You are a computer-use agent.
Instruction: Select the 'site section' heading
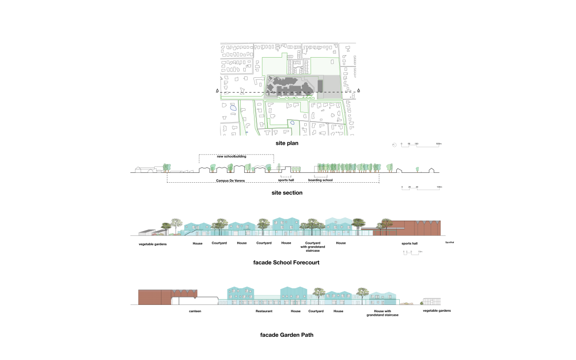tap(287, 193)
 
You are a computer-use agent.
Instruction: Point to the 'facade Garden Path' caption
tap(287, 335)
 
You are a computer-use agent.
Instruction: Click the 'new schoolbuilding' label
tap(230, 157)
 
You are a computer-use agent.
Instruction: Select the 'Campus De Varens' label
tap(230, 181)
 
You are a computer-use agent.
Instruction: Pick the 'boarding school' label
tap(320, 180)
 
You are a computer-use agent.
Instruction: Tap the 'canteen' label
tap(195, 311)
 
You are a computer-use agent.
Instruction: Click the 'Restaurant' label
tap(264, 311)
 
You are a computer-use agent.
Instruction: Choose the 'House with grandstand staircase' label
tap(383, 313)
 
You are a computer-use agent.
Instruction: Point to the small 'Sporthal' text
tap(449, 243)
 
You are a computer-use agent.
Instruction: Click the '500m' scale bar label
tap(439, 144)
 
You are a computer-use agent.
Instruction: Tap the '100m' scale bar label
tap(439, 188)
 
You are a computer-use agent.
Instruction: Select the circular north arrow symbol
tap(394, 145)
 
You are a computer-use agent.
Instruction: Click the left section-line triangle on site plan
tap(217, 91)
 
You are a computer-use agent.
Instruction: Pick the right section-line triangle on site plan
tap(358, 91)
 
